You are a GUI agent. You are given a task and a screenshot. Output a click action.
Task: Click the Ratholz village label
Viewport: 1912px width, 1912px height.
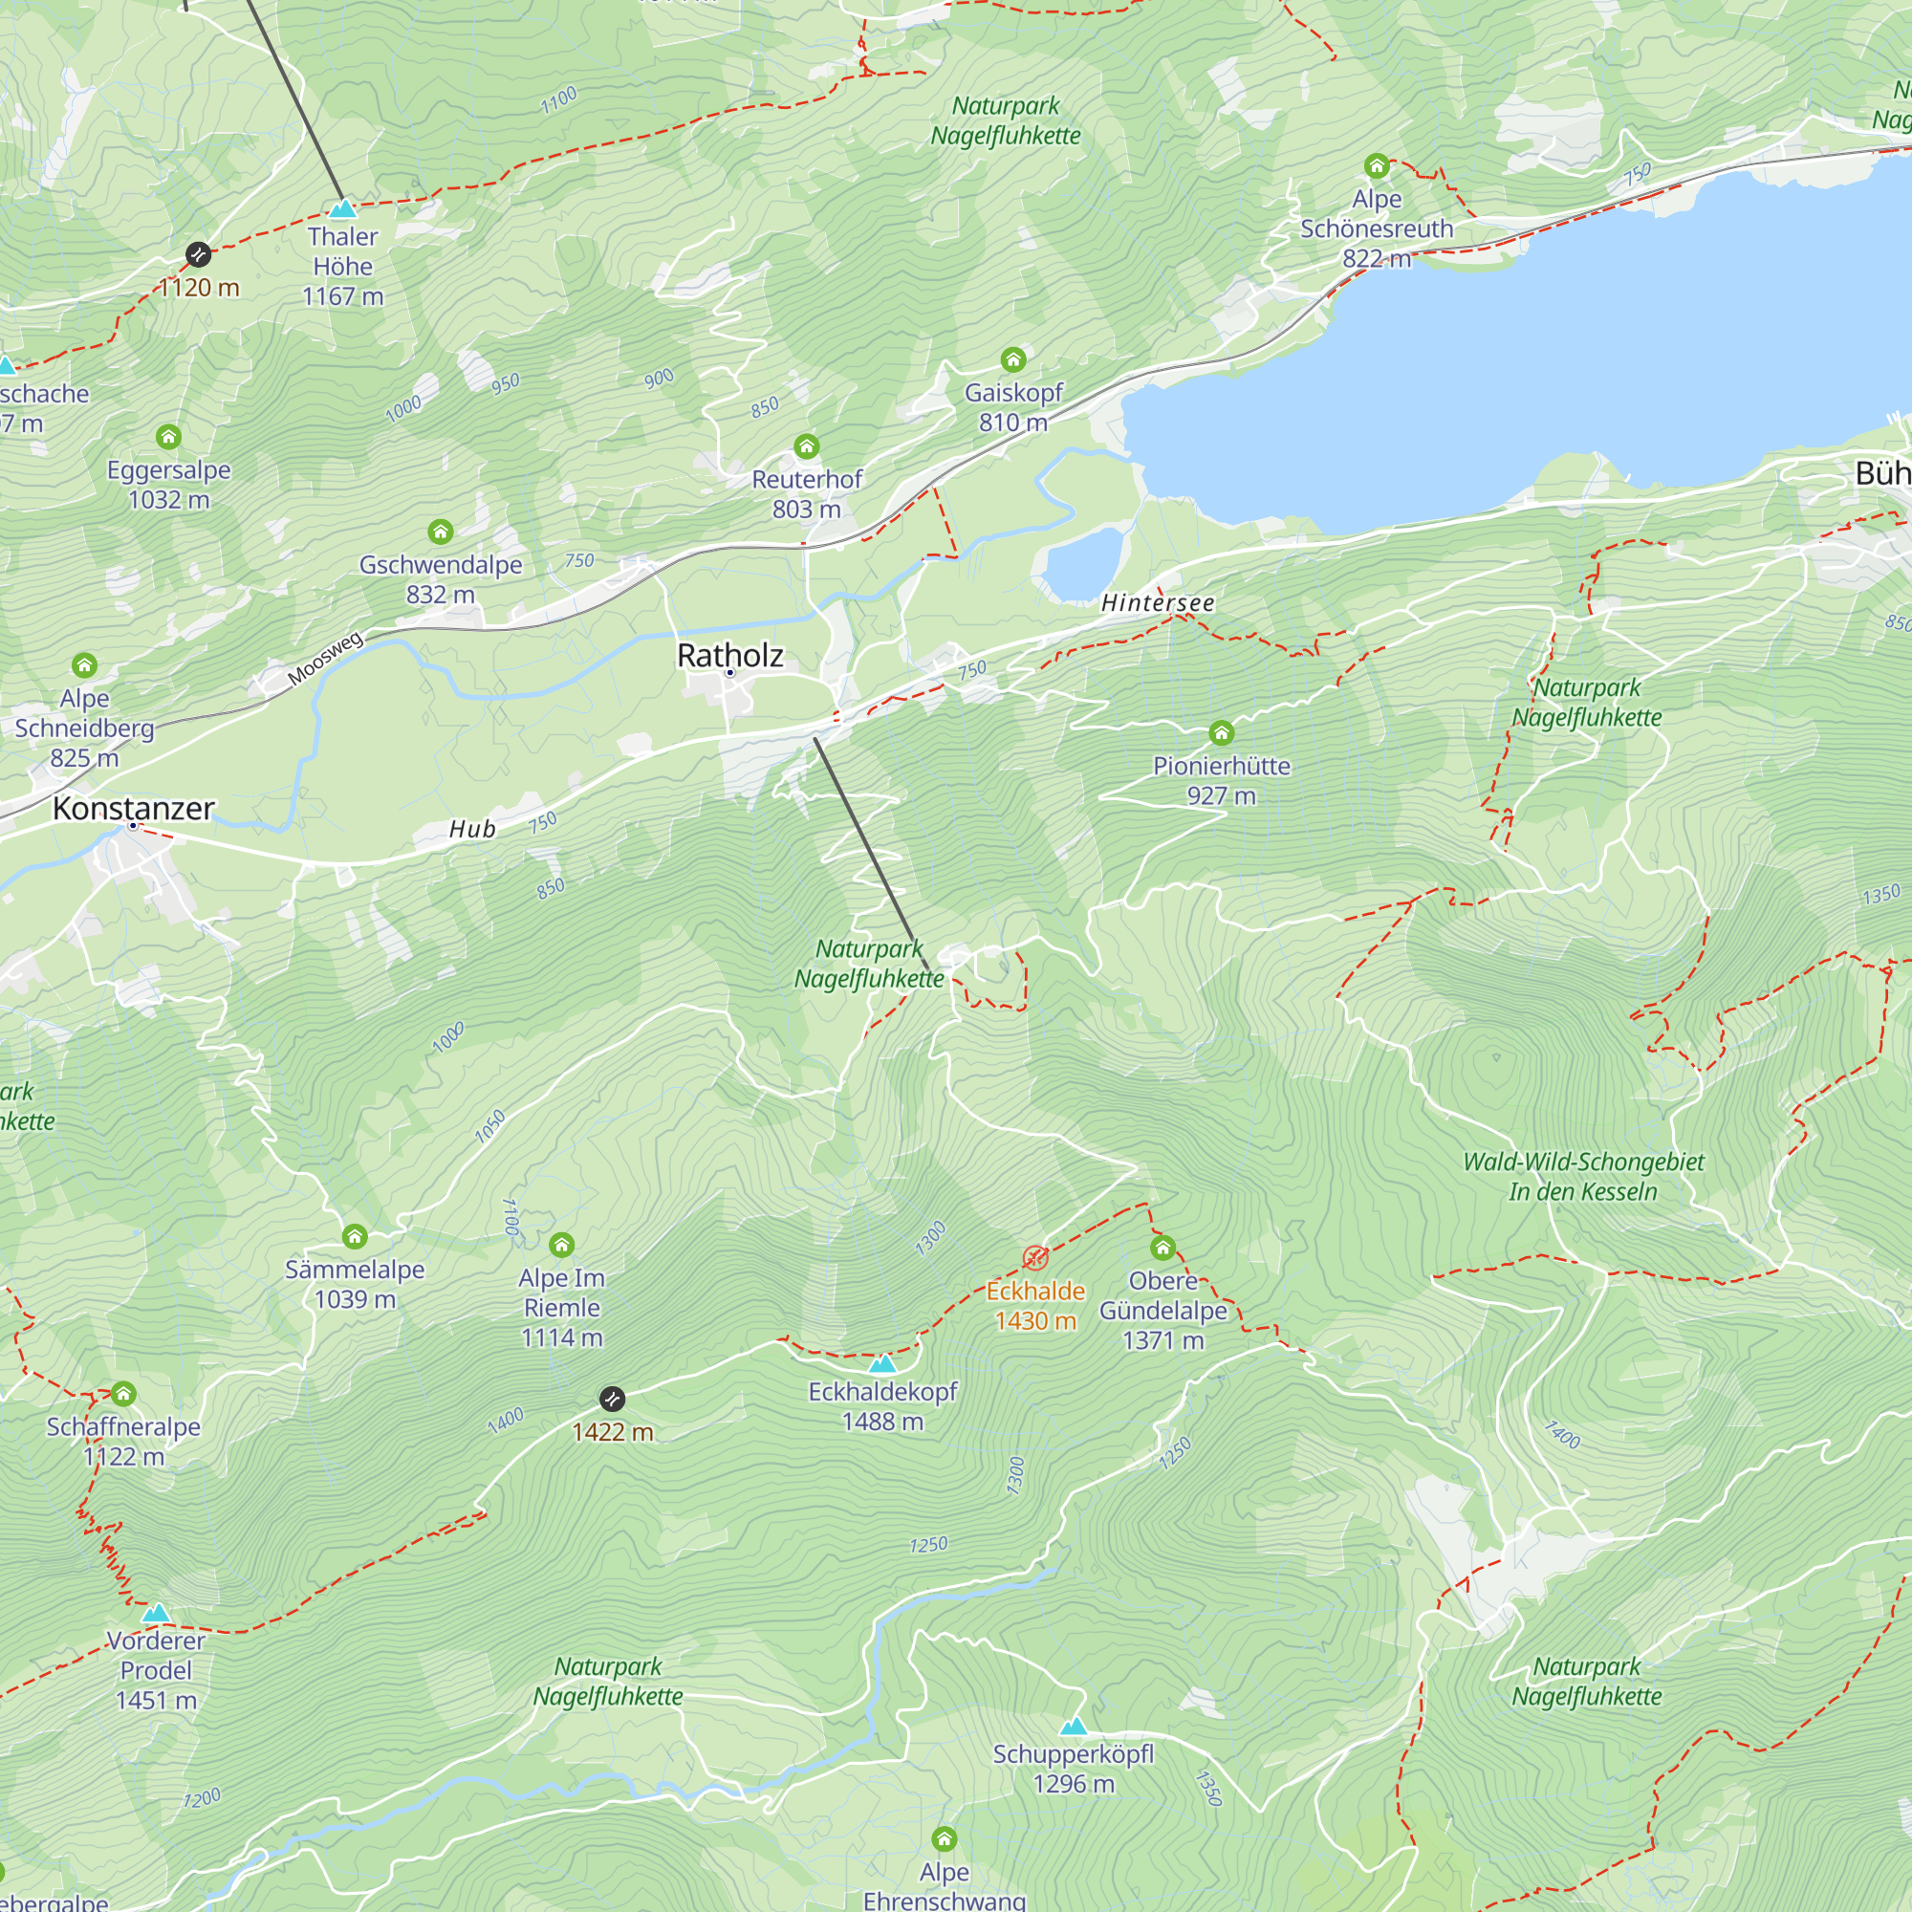click(x=730, y=655)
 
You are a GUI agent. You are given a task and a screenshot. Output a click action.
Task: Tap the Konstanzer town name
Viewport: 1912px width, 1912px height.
click(x=134, y=809)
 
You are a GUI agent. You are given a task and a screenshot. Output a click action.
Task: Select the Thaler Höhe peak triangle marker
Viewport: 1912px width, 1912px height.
click(x=342, y=208)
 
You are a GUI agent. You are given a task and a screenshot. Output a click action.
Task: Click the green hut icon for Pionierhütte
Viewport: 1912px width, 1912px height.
click(x=1221, y=733)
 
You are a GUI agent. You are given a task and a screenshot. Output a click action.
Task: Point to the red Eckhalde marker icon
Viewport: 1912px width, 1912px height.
click(x=1035, y=1258)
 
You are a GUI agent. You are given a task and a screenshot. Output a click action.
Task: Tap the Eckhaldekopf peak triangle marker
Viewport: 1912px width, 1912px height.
click(x=881, y=1365)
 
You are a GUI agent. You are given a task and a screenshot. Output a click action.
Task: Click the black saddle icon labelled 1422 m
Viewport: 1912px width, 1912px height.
click(x=613, y=1400)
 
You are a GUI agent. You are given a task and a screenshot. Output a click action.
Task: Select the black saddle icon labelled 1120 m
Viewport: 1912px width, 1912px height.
click(x=199, y=255)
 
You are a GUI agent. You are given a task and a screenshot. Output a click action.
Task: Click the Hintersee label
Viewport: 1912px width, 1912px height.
click(x=1158, y=602)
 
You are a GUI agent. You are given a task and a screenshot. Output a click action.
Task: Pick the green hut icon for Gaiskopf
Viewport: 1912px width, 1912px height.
click(x=1013, y=359)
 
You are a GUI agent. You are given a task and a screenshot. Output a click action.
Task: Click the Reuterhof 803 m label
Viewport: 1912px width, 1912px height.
click(x=807, y=494)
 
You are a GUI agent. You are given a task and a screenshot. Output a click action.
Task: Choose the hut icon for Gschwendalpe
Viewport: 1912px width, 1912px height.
click(x=441, y=532)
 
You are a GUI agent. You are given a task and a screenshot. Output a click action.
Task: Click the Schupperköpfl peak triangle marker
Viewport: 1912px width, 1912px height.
click(x=1073, y=1727)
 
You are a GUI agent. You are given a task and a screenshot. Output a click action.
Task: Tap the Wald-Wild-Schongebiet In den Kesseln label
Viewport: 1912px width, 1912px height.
click(x=1583, y=1177)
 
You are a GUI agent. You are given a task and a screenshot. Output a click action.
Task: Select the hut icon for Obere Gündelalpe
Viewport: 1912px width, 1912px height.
click(x=1162, y=1248)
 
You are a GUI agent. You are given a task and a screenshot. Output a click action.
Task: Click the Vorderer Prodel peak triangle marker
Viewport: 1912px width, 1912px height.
click(x=156, y=1614)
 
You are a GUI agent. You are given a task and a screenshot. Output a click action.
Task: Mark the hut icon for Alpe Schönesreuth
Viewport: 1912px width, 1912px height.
click(x=1377, y=165)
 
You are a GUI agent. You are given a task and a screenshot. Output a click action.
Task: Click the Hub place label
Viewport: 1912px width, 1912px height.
click(x=472, y=829)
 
